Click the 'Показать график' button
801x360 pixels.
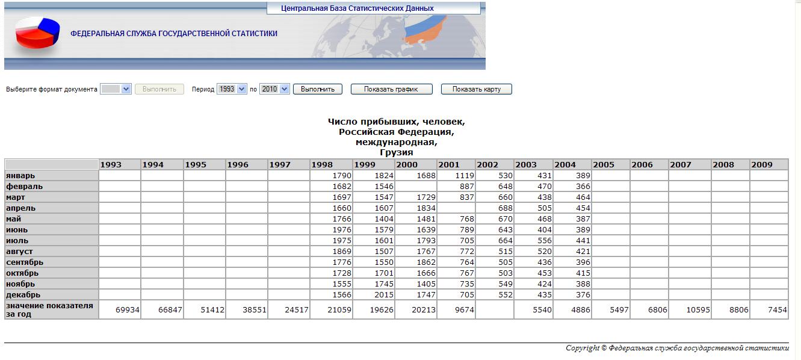[x=392, y=89]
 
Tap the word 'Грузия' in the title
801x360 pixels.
[x=396, y=152]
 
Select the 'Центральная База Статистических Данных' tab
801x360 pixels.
[x=357, y=8]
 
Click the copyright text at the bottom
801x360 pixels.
[x=676, y=348]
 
